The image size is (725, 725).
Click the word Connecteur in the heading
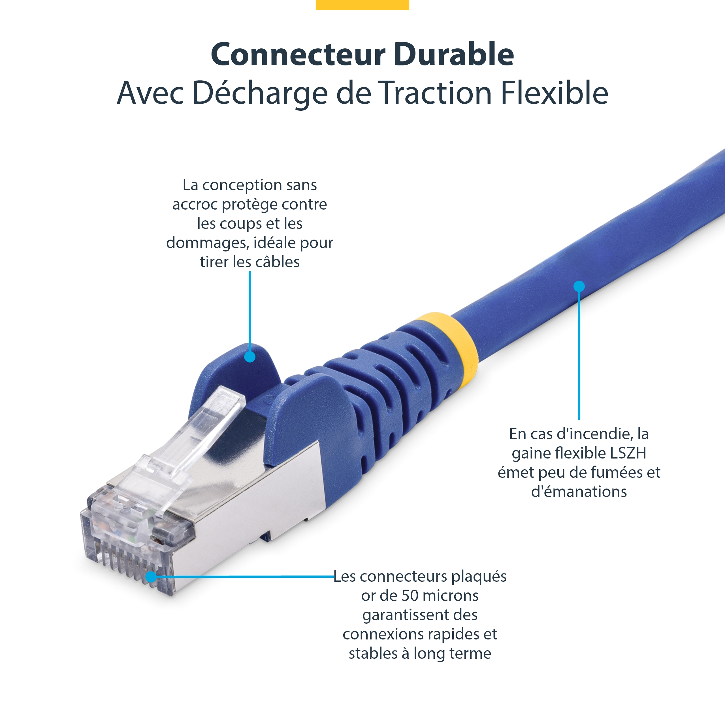[298, 54]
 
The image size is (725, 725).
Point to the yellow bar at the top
[362, 5]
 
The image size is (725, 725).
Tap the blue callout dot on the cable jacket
[579, 286]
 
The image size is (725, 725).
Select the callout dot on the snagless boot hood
[250, 357]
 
